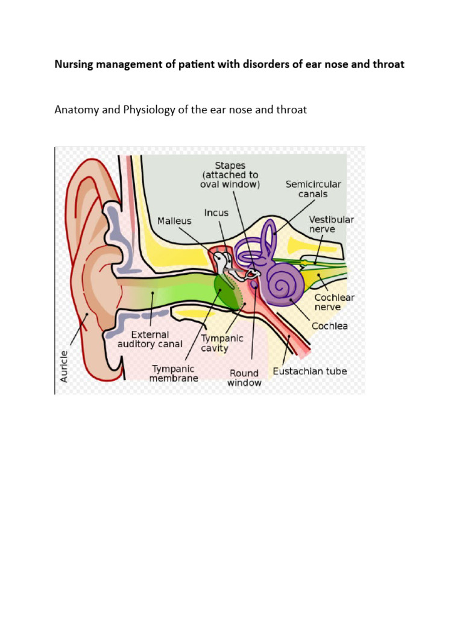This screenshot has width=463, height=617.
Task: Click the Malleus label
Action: click(174, 221)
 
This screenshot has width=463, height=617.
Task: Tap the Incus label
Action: click(216, 213)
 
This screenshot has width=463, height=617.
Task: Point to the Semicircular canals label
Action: click(313, 190)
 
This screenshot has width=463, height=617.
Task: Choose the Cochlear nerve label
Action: click(334, 302)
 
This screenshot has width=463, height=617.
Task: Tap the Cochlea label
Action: click(329, 326)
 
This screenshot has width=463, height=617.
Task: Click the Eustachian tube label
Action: click(310, 371)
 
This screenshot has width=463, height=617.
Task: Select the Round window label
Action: click(245, 378)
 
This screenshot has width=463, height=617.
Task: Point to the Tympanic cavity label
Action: click(222, 343)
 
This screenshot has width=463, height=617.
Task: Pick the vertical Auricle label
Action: click(65, 365)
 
